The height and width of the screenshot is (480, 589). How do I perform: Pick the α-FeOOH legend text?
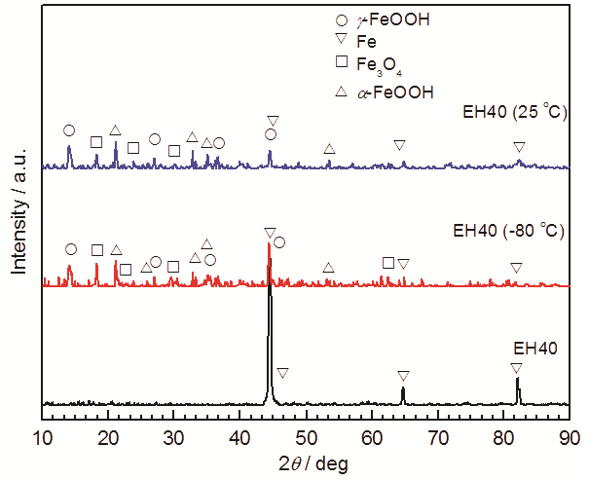click(x=391, y=92)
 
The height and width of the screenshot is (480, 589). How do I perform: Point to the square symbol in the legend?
click(x=341, y=63)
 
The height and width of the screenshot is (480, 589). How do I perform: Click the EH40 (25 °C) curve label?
click(x=512, y=113)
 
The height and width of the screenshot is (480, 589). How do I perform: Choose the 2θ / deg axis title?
click(x=305, y=461)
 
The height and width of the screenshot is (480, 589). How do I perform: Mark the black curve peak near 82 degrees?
click(x=518, y=380)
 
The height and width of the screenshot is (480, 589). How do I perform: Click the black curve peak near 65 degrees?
click(x=403, y=389)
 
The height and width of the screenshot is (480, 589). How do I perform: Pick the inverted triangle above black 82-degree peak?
click(x=516, y=367)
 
